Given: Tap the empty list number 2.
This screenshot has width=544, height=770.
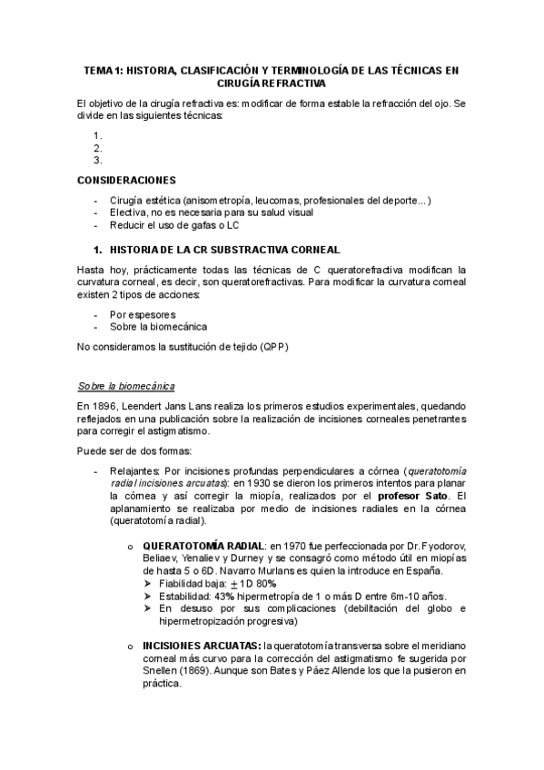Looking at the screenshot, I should (97, 148).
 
